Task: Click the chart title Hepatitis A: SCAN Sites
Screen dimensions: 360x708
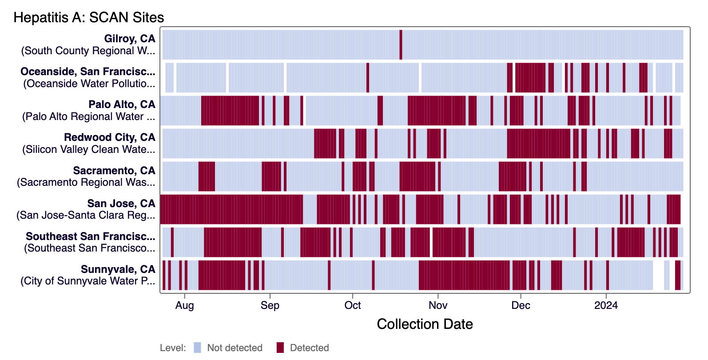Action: [89, 17]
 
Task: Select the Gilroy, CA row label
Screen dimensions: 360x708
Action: [130, 39]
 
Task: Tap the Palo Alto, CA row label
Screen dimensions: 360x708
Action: [122, 104]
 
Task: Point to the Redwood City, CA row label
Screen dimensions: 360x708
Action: [110, 137]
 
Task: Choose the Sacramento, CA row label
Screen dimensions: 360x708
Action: [114, 171]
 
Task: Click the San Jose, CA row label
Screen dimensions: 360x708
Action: [121, 204]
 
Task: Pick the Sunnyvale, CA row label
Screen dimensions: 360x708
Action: [118, 269]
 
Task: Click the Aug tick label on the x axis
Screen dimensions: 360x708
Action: [184, 305]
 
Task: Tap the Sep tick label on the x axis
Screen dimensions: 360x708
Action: [270, 305]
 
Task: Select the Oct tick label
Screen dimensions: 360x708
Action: [353, 305]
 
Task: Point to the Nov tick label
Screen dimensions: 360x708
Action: [438, 305]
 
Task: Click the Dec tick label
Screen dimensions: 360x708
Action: [521, 305]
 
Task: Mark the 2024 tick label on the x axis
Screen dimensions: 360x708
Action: [606, 305]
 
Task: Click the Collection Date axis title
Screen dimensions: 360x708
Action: [425, 324]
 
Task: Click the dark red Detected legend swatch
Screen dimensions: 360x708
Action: [280, 348]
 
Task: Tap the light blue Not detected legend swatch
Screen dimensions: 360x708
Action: [198, 348]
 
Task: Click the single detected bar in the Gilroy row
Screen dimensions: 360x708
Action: [401, 44]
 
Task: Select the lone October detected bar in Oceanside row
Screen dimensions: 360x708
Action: [368, 78]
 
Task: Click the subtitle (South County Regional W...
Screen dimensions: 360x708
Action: [88, 51]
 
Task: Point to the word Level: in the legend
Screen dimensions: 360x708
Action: [173, 348]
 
